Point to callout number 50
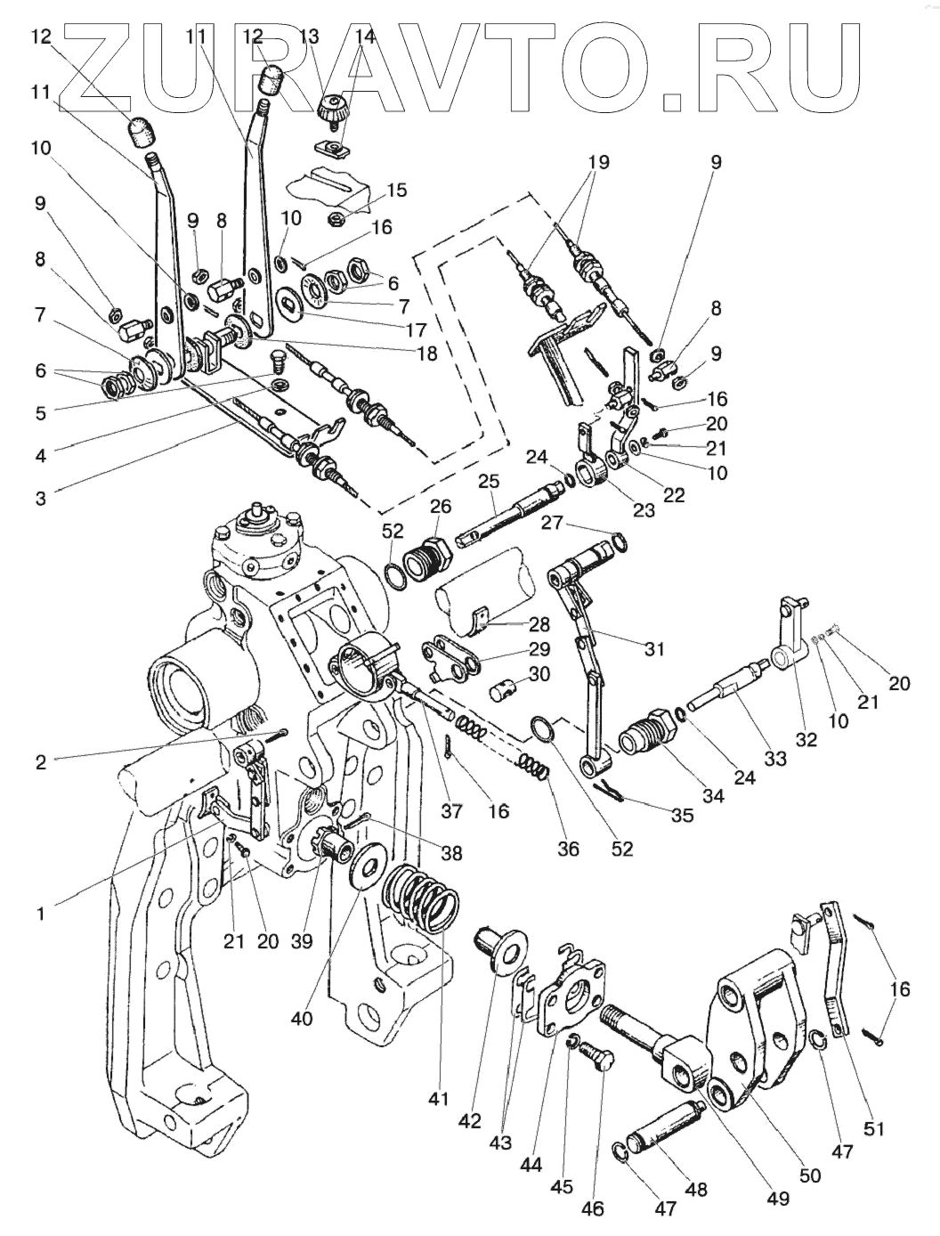809,1175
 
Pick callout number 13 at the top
309,37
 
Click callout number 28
539,624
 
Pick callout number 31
654,650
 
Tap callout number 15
396,190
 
